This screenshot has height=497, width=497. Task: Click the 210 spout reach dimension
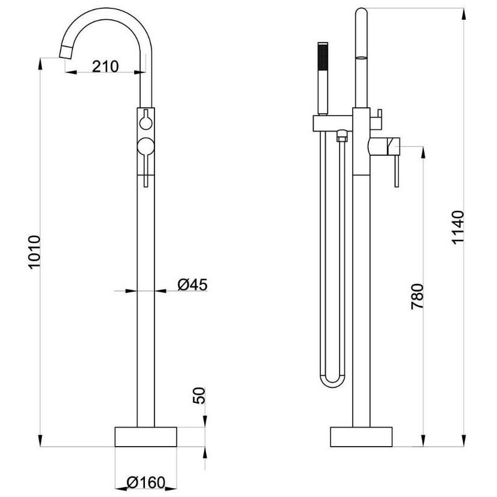(x=105, y=66)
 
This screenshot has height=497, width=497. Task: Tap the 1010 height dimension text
(x=34, y=252)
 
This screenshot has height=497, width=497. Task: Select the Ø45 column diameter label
(x=192, y=284)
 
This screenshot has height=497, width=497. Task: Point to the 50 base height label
(x=199, y=395)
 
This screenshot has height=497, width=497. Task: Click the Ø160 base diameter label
(x=146, y=483)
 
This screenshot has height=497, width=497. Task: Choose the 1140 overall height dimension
(x=458, y=227)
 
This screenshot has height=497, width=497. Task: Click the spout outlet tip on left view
(x=65, y=51)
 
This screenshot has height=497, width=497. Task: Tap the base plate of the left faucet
(x=146, y=437)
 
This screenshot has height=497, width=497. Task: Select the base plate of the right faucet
(x=361, y=437)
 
